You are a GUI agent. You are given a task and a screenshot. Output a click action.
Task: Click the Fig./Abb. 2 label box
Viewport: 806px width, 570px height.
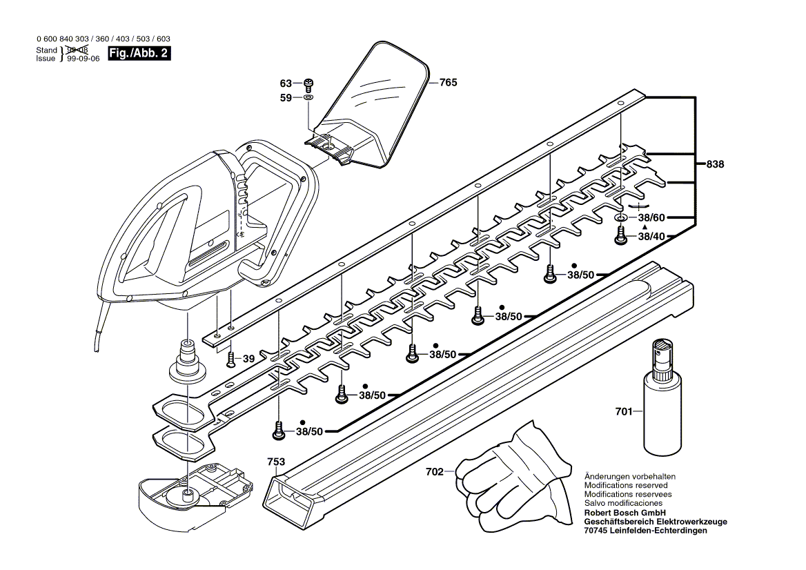pos(139,54)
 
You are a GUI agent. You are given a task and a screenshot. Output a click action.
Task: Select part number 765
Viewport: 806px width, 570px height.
pos(448,82)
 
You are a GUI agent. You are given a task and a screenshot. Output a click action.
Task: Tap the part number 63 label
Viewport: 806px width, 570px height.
pos(286,83)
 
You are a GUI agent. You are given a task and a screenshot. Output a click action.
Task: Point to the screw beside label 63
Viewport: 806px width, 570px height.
pos(308,83)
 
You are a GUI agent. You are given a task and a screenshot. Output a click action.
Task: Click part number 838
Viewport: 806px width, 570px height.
pos(716,165)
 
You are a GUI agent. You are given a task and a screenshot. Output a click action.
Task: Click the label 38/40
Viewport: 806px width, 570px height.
pos(651,236)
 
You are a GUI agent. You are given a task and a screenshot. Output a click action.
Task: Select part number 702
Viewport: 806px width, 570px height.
pos(435,473)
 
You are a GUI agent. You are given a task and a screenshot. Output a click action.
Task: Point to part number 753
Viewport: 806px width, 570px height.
pos(276,461)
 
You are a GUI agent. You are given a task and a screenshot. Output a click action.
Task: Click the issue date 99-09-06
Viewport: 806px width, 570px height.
pos(83,59)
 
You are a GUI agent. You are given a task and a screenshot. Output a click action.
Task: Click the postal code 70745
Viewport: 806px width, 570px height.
pos(596,531)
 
